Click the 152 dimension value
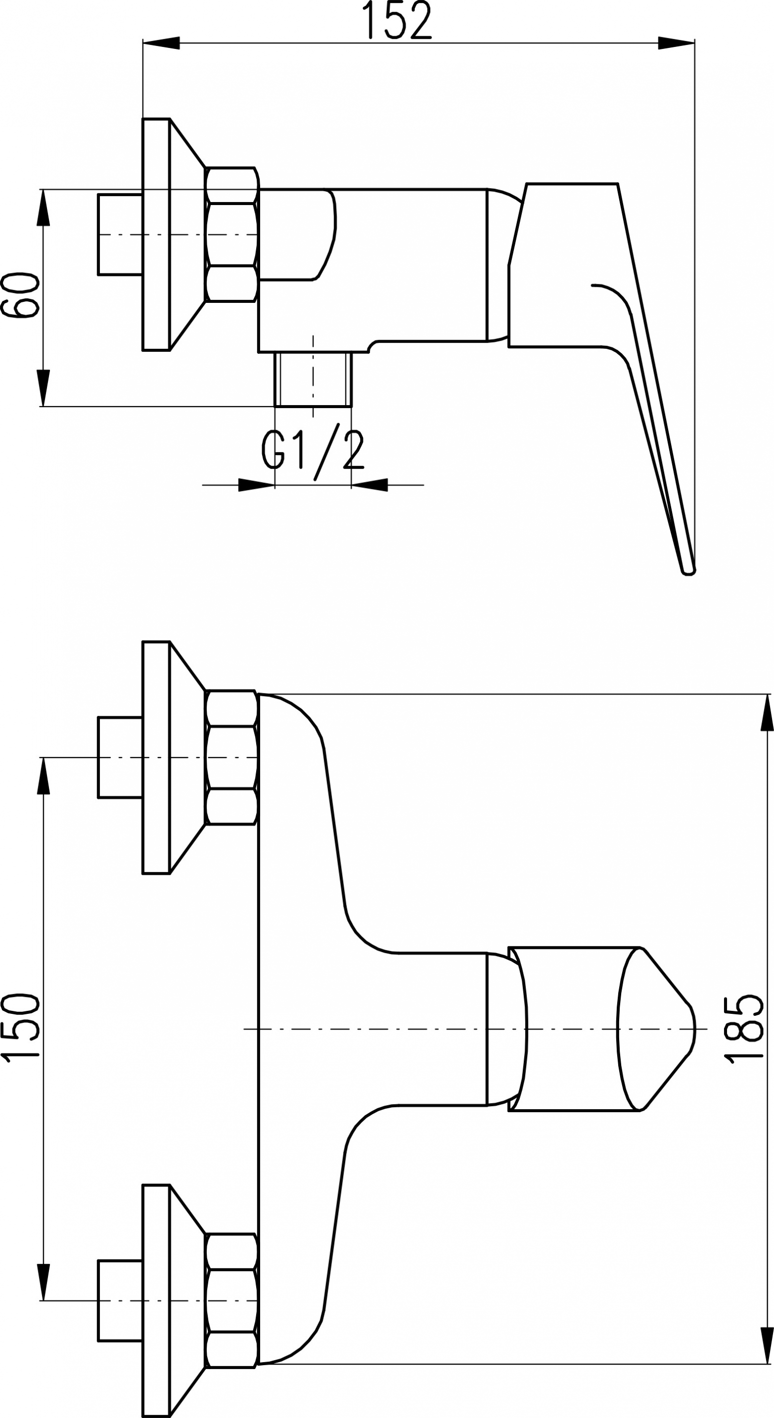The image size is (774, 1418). pyautogui.click(x=400, y=20)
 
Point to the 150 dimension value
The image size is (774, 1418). pyautogui.click(x=21, y=1025)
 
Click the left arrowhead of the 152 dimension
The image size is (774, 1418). pyautogui.click(x=161, y=43)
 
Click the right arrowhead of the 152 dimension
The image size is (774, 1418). pyautogui.click(x=677, y=43)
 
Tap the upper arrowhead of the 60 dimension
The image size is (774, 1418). pyautogui.click(x=43, y=208)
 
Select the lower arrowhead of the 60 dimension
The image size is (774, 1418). pyautogui.click(x=43, y=388)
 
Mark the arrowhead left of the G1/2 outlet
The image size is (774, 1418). pyautogui.click(x=256, y=485)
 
